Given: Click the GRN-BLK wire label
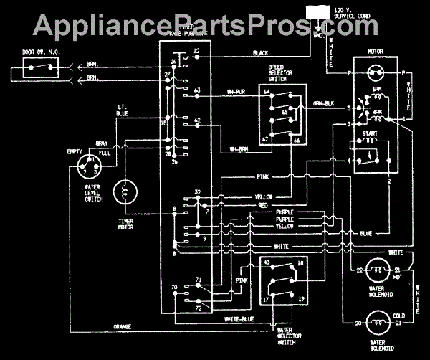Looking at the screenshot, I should tap(325, 104).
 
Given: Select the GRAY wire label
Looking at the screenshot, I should tap(104, 143).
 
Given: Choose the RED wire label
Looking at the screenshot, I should tap(264, 204).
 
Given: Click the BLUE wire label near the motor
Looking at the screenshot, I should tap(365, 233).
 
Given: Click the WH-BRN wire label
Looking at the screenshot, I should tap(239, 149).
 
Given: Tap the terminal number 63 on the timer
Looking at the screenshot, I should tap(197, 90).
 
